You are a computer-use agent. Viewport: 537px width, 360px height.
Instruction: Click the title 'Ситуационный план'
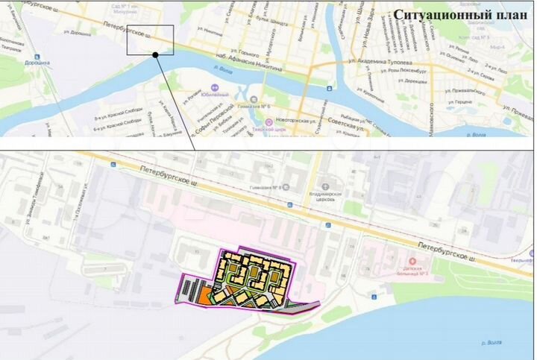(455, 16)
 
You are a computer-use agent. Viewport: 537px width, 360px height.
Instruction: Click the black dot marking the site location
(155, 54)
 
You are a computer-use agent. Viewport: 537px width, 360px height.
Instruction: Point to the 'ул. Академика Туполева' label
(383, 61)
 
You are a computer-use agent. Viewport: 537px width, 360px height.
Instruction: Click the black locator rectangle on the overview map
(150, 40)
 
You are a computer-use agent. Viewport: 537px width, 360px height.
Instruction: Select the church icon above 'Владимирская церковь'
(326, 187)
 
